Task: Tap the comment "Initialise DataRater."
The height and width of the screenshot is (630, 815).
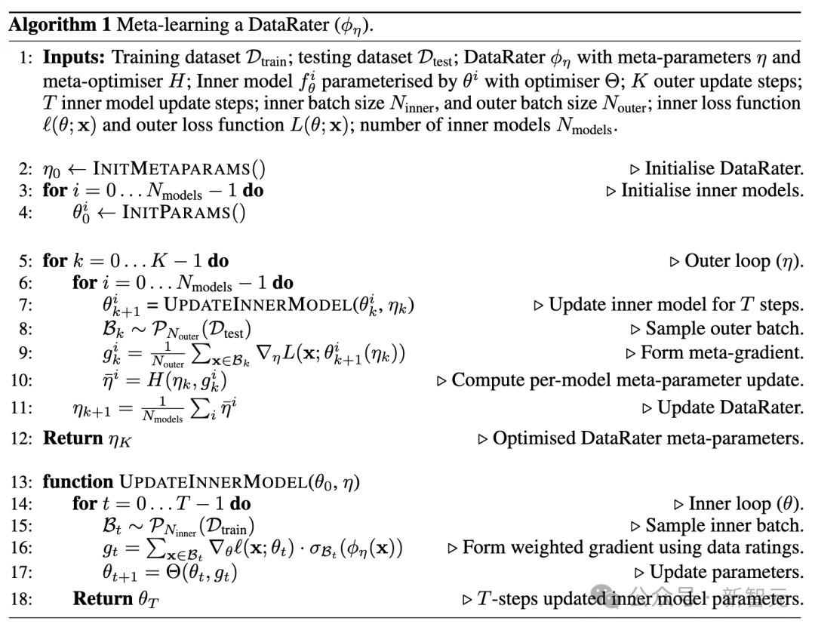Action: click(724, 169)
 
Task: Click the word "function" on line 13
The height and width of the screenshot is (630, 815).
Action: click(76, 481)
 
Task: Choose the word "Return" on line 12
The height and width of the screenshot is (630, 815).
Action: click(72, 438)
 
